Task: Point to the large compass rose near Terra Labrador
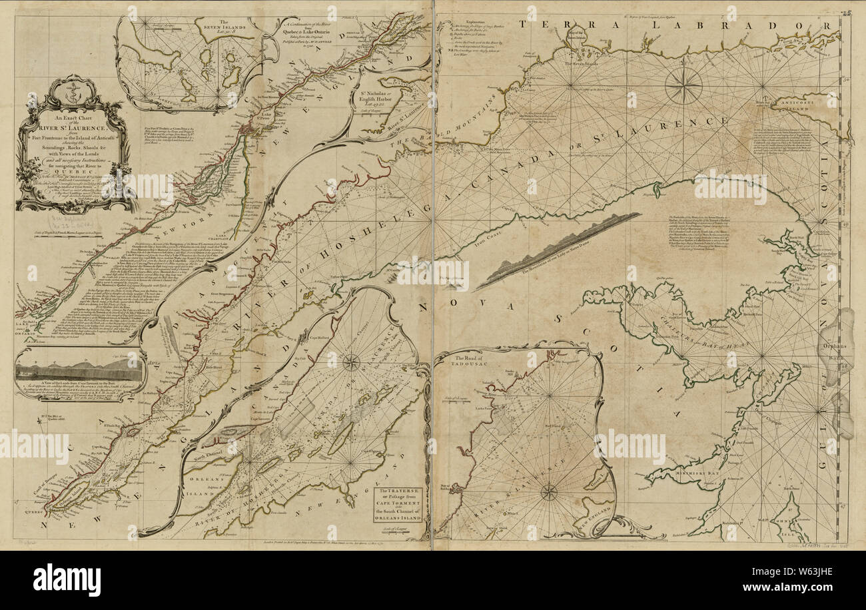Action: tap(683, 85)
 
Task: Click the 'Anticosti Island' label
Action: tap(803, 102)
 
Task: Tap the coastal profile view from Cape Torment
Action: tap(80, 372)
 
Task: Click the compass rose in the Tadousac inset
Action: tap(548, 492)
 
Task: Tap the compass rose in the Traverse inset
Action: tap(350, 362)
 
